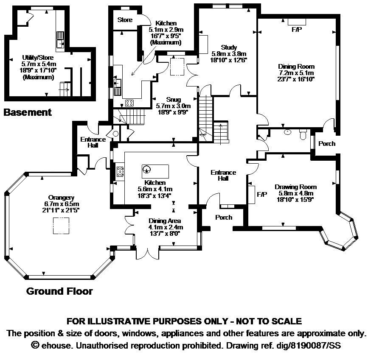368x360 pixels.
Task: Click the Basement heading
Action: (28, 112)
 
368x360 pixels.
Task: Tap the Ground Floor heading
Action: (59, 291)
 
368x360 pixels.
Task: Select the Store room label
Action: (125, 20)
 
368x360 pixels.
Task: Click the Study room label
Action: (229, 47)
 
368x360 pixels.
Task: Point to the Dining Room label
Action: (296, 67)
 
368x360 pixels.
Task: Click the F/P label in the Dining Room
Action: (295, 31)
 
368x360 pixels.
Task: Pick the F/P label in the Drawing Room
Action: (262, 194)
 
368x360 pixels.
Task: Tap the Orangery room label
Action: (61, 198)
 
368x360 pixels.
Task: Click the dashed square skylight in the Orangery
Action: (61, 226)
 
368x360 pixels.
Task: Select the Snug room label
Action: (173, 100)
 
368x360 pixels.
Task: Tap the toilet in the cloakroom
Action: (303, 135)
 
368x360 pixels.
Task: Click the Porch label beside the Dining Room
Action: (327, 144)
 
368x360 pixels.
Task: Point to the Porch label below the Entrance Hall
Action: (224, 218)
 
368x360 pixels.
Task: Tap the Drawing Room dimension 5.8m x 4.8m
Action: (295, 193)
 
